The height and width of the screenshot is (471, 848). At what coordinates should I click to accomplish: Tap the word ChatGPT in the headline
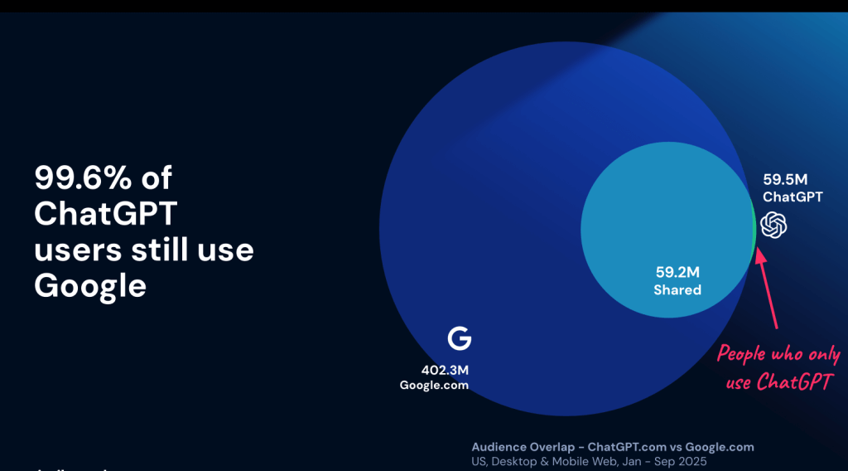click(106, 213)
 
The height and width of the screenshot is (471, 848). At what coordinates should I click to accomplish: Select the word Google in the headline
click(90, 285)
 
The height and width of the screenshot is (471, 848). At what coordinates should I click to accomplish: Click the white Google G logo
click(459, 338)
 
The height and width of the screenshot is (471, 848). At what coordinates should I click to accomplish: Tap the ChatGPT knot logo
click(773, 224)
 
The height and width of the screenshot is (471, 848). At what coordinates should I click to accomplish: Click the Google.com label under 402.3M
click(434, 385)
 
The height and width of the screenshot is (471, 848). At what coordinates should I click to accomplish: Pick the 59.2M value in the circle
click(677, 272)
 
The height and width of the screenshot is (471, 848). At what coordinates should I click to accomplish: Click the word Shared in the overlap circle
click(677, 289)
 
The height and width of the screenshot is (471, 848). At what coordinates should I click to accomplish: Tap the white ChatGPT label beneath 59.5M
click(793, 197)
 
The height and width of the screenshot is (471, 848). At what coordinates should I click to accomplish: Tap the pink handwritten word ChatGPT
click(794, 382)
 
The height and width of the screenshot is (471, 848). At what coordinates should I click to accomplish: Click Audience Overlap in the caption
click(523, 447)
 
